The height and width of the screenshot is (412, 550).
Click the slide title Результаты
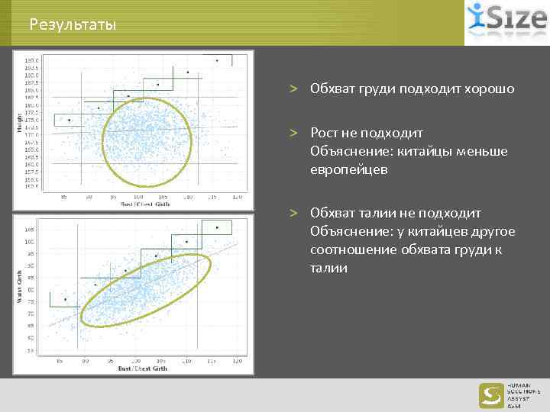coord(73,25)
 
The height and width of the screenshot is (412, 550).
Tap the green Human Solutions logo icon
coord(490,394)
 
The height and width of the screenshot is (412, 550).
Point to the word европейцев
coord(349,169)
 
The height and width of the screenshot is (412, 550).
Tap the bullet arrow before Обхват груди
coord(293,89)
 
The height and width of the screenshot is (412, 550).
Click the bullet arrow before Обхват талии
coord(293,213)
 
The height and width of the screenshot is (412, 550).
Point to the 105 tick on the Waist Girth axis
coord(29,229)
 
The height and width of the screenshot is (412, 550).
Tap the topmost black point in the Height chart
coord(217,60)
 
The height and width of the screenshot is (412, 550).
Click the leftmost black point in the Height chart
coord(69,120)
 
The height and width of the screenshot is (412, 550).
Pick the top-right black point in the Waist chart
coord(217,227)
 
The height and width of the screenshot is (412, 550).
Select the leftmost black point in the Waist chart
coord(66,299)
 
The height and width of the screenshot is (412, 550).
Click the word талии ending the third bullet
coord(329,268)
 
